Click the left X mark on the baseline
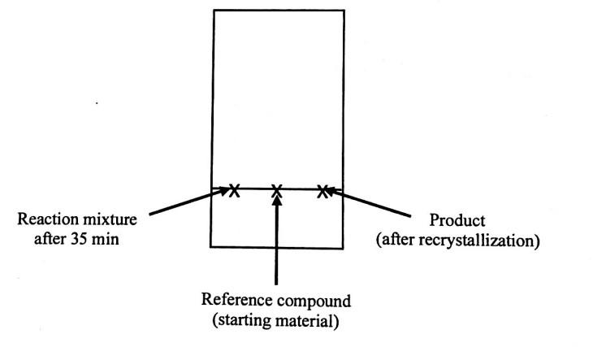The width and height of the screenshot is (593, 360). click(235, 191)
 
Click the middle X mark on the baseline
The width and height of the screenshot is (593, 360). click(277, 191)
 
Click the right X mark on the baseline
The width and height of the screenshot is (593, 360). click(322, 191)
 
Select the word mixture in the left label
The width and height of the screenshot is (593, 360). click(110, 220)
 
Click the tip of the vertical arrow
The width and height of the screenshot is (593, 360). click(278, 197)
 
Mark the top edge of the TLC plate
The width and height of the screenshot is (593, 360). click(278, 10)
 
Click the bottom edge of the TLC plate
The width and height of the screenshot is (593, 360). click(278, 247)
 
